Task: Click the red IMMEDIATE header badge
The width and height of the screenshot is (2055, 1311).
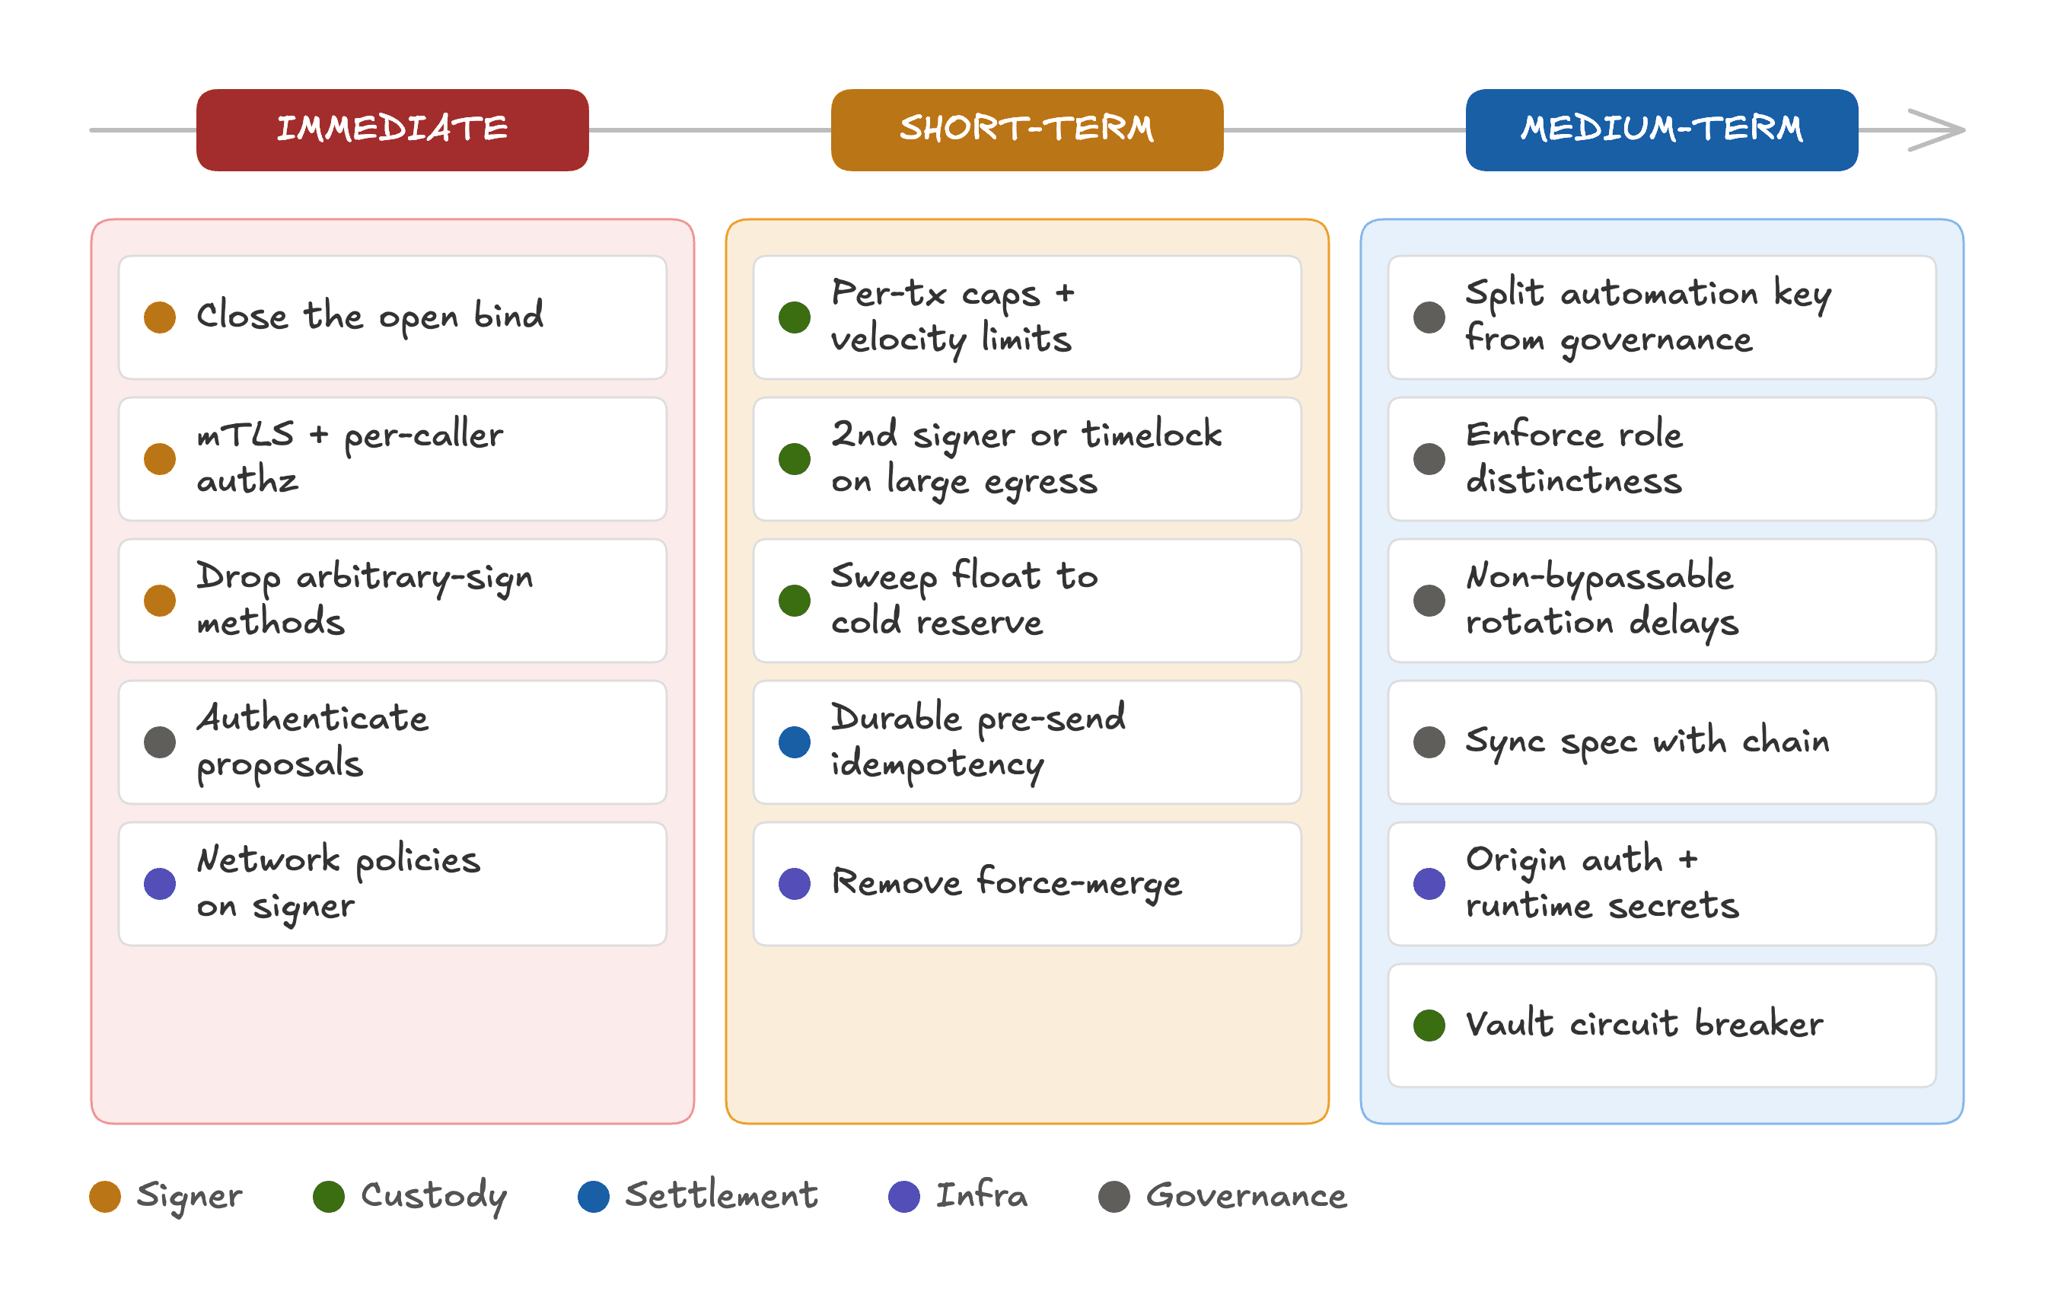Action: pos(392,129)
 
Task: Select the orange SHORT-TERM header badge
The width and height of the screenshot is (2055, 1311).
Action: pos(1027,129)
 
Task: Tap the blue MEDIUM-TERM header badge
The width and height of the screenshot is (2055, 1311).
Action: pos(1662,129)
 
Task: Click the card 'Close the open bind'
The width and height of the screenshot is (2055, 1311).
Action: pos(393,317)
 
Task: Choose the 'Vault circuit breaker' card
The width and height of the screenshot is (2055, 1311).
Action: pos(1662,1025)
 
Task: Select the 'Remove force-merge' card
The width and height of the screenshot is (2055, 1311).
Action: pos(1027,883)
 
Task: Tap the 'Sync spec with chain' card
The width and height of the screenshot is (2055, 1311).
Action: pos(1662,742)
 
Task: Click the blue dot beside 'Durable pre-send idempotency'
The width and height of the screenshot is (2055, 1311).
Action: pos(795,742)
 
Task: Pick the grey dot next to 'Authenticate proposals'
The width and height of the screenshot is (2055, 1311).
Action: pos(160,742)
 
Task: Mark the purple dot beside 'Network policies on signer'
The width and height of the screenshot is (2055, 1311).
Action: pos(160,883)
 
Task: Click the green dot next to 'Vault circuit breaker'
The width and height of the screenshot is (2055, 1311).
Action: pos(1429,1025)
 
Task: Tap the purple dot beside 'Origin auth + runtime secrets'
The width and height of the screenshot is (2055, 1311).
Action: pos(1429,883)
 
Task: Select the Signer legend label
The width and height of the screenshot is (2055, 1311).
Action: pos(190,1197)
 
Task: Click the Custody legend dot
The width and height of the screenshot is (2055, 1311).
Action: pos(329,1197)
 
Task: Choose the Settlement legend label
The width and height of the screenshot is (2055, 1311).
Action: pos(721,1196)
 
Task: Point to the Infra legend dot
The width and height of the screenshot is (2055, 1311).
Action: pos(903,1197)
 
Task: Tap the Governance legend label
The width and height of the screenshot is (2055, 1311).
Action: pos(1246,1196)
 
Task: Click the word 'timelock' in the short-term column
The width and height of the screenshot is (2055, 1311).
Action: pos(1152,435)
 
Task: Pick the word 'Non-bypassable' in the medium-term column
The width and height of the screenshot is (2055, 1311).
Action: pos(1599,578)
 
